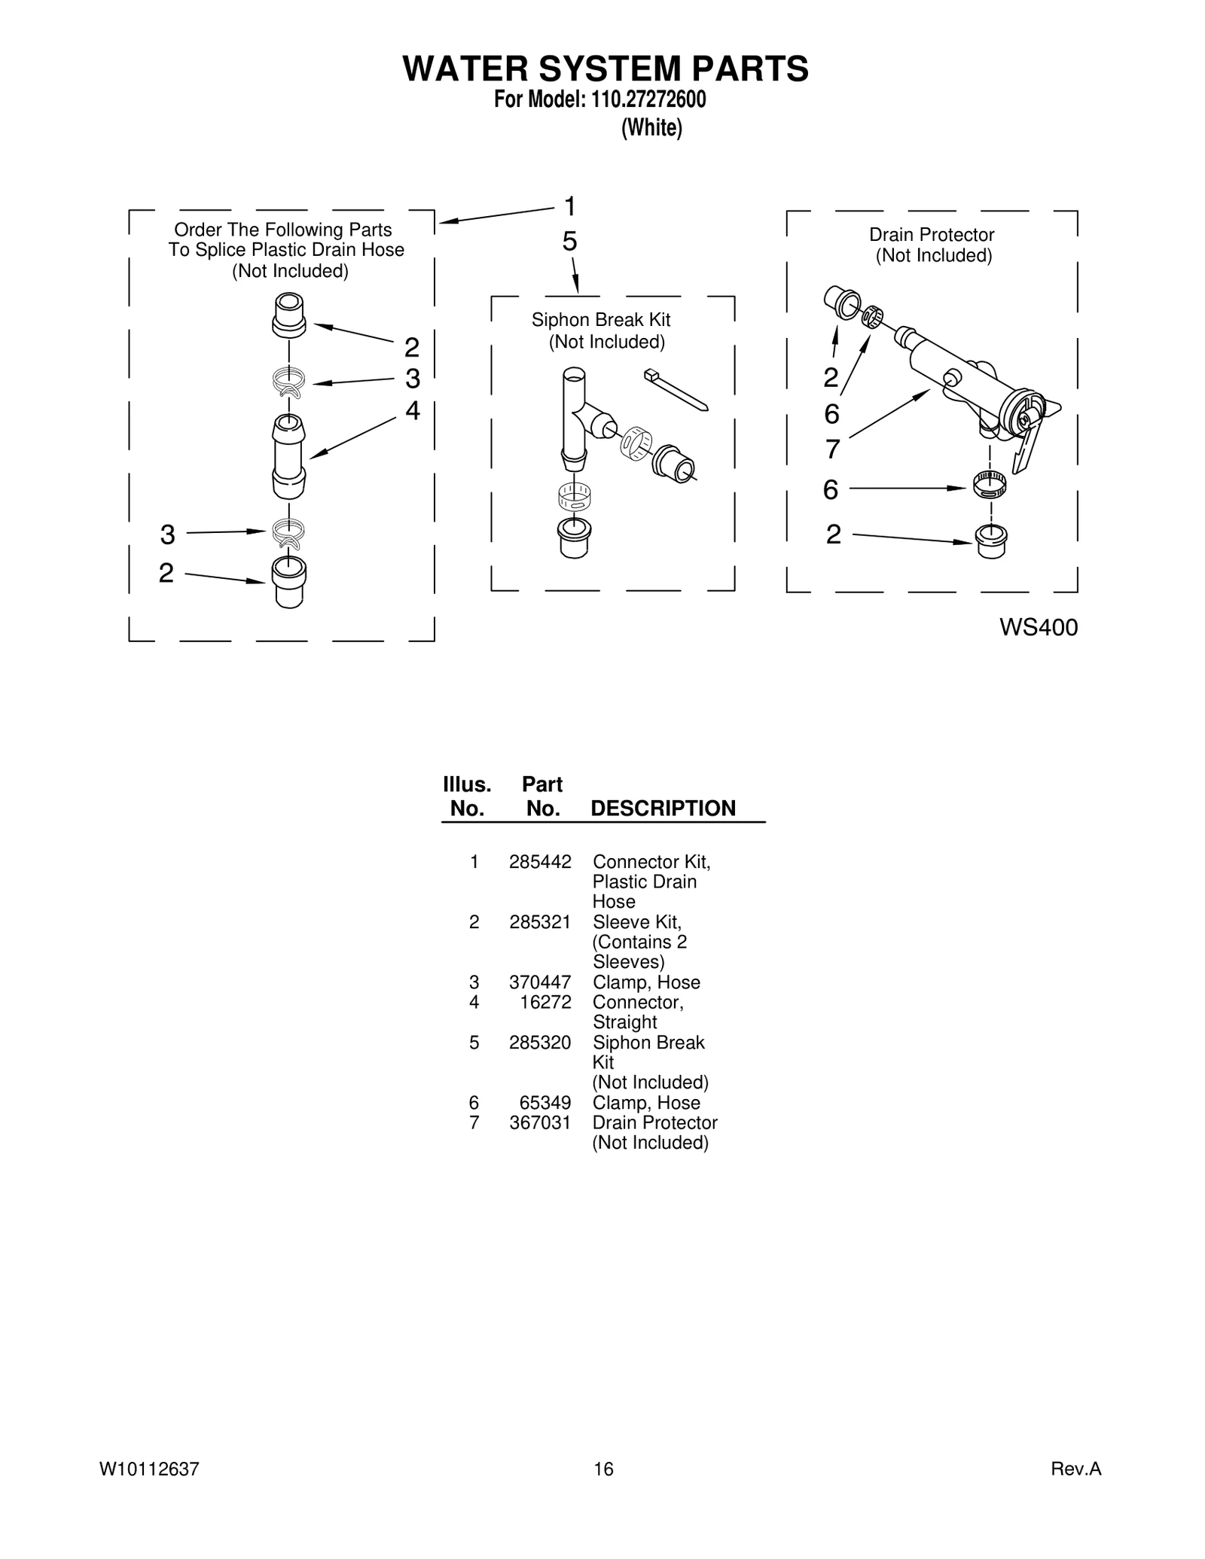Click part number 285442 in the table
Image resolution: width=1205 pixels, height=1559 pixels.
click(x=540, y=861)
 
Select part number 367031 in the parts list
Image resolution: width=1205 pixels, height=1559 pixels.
click(x=540, y=1122)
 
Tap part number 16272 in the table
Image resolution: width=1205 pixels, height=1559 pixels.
click(x=545, y=1002)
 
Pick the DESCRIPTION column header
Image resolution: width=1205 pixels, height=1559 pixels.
click(x=663, y=808)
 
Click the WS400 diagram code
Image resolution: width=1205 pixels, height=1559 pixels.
click(x=1039, y=627)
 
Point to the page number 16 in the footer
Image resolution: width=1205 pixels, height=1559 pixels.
click(x=603, y=1469)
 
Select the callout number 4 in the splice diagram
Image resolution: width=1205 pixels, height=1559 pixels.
click(x=412, y=410)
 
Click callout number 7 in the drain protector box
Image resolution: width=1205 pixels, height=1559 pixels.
click(x=831, y=449)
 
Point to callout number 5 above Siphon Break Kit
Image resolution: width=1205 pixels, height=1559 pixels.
click(x=569, y=242)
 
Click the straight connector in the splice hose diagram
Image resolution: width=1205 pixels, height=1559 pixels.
click(x=289, y=456)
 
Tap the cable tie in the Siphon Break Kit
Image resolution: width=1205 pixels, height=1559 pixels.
click(x=676, y=390)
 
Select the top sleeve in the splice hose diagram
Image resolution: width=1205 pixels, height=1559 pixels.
click(x=289, y=315)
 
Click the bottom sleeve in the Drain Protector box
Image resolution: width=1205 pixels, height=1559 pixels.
click(x=991, y=541)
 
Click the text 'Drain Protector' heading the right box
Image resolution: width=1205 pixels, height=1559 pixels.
click(x=932, y=235)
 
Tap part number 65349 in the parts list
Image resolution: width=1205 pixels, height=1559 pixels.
click(x=545, y=1103)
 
